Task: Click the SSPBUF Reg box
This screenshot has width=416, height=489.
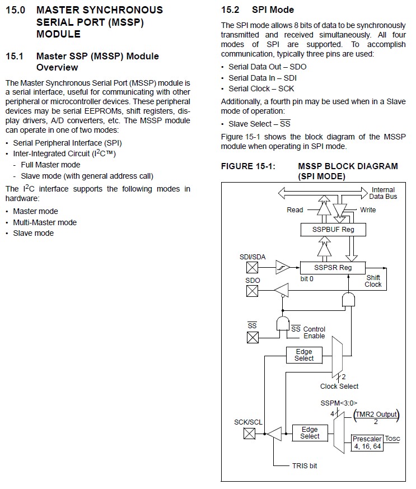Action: [333, 230]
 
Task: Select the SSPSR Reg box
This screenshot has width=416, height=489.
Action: [333, 268]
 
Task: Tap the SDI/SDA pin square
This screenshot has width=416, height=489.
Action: [252, 267]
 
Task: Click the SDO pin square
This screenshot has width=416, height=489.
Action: [252, 291]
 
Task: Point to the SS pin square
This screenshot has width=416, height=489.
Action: [253, 337]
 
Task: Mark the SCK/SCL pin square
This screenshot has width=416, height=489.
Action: [249, 433]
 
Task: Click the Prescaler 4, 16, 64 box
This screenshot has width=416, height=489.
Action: [367, 443]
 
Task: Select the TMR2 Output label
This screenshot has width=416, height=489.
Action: [376, 415]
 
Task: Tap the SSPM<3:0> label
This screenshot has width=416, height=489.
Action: [339, 403]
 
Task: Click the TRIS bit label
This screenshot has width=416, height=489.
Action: [305, 465]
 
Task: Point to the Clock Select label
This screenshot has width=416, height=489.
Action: [339, 386]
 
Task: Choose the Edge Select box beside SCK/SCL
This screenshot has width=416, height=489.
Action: [310, 433]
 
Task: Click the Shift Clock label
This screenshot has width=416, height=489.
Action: [373, 281]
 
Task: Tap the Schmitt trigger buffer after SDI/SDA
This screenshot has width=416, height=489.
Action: [283, 267]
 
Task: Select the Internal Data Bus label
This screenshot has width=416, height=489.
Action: [383, 193]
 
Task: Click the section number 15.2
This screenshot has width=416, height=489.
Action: [230, 10]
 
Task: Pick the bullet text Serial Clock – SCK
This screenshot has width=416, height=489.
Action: [261, 89]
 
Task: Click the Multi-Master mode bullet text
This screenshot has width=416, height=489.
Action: [45, 222]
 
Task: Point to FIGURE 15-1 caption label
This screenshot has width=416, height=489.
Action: [249, 166]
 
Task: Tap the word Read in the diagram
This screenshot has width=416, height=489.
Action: [295, 210]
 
